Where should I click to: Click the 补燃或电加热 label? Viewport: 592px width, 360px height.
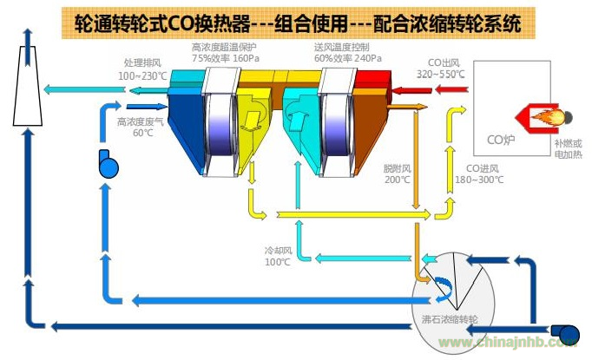pyautogui.click(x=569, y=148)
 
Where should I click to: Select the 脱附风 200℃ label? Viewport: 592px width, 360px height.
pyautogui.click(x=397, y=174)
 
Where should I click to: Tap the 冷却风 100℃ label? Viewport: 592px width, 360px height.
pyautogui.click(x=277, y=256)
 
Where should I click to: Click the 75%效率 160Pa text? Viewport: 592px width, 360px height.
pyautogui.click(x=227, y=58)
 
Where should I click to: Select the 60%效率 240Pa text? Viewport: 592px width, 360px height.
pyautogui.click(x=347, y=58)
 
